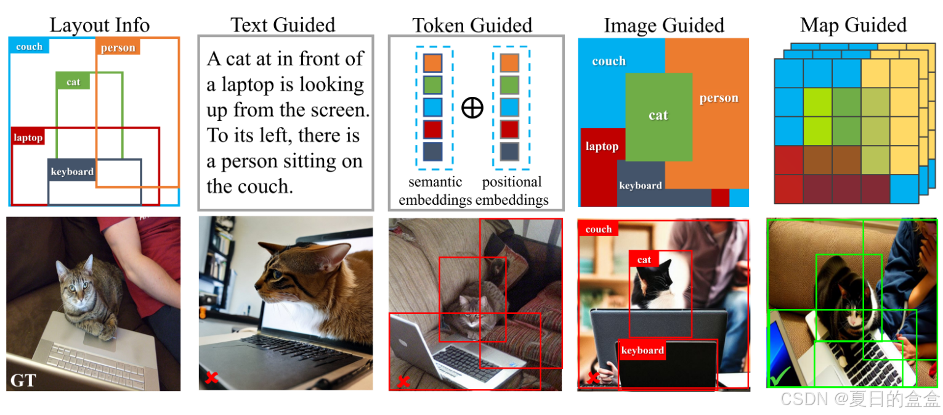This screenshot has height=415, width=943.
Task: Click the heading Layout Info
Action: (x=99, y=25)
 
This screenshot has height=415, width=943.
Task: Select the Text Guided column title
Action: (x=283, y=25)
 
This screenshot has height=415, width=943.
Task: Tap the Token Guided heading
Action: (x=472, y=25)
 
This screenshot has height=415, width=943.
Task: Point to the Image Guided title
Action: (x=663, y=25)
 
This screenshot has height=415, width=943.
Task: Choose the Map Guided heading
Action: (x=853, y=25)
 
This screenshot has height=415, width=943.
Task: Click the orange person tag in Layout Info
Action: (x=118, y=47)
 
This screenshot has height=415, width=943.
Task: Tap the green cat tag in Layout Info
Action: (x=73, y=81)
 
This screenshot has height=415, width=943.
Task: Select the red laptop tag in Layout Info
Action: (x=28, y=138)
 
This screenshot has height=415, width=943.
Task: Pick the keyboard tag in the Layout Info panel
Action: (x=72, y=171)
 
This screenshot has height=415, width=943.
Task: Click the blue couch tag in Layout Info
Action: (x=29, y=47)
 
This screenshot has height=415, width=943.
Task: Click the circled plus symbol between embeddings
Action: (x=472, y=108)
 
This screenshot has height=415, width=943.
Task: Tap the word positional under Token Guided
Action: (x=512, y=183)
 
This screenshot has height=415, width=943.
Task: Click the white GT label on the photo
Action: (x=23, y=379)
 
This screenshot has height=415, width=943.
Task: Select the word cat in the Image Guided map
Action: (x=658, y=115)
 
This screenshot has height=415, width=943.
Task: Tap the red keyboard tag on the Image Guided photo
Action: (x=642, y=350)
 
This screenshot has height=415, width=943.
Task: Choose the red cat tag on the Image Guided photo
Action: (x=644, y=260)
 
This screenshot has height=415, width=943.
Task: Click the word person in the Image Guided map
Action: (x=718, y=99)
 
